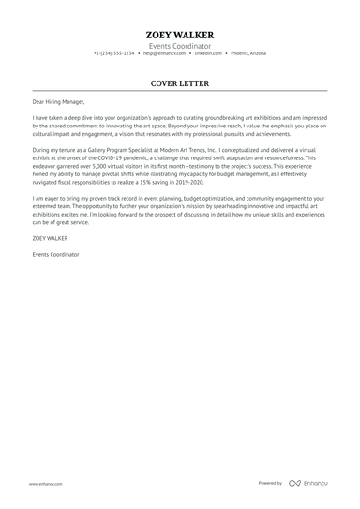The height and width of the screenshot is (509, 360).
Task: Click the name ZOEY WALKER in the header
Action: point(179,35)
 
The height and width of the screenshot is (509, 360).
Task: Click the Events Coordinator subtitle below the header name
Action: point(179,45)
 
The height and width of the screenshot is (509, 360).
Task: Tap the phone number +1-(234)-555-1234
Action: point(113,53)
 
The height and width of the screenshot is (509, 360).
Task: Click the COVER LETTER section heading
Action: point(179,83)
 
